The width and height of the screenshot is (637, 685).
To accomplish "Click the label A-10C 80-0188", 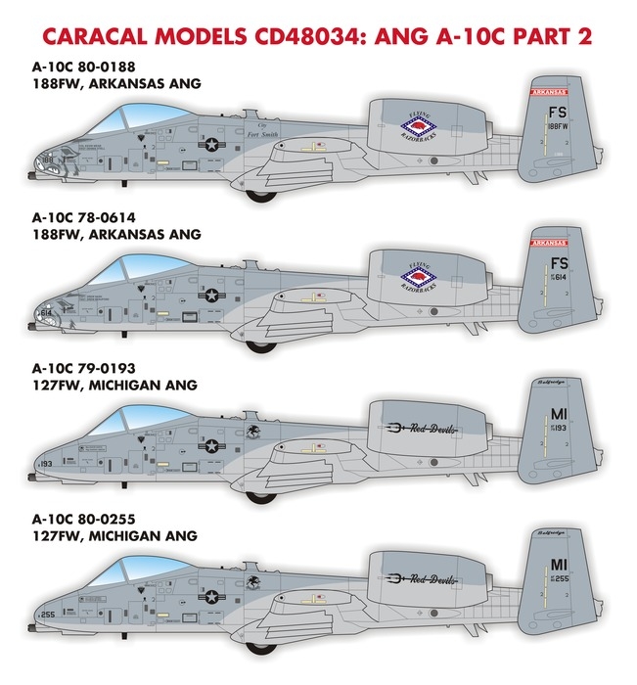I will [x=91, y=68].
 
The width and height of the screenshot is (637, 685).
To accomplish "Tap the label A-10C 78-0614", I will [x=91, y=218].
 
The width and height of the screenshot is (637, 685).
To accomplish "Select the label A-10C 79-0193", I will [x=91, y=369].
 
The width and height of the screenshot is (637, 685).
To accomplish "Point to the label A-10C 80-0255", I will [x=91, y=520].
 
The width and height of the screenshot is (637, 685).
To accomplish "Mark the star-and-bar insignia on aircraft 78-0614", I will [x=211, y=295].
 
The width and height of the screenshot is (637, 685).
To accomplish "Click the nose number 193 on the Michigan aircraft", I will [x=47, y=462].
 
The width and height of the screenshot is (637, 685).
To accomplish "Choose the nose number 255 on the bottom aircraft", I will [x=47, y=614].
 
